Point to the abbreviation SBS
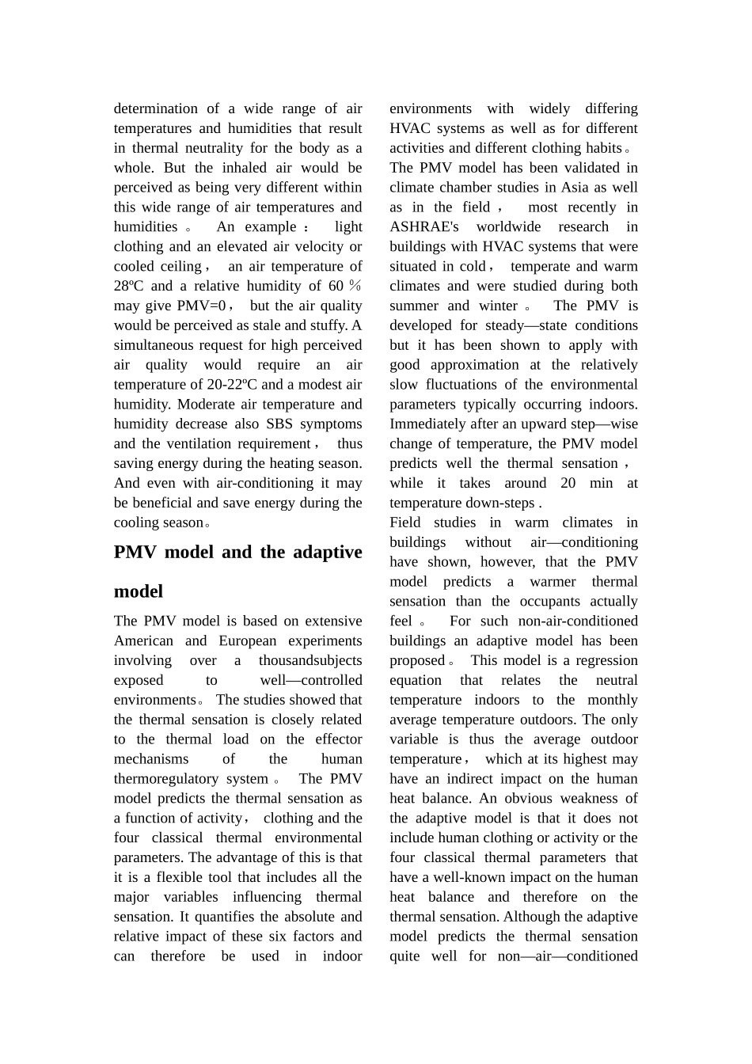click(279, 424)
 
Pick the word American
click(143, 640)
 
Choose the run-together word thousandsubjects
click(310, 660)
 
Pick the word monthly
click(613, 700)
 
